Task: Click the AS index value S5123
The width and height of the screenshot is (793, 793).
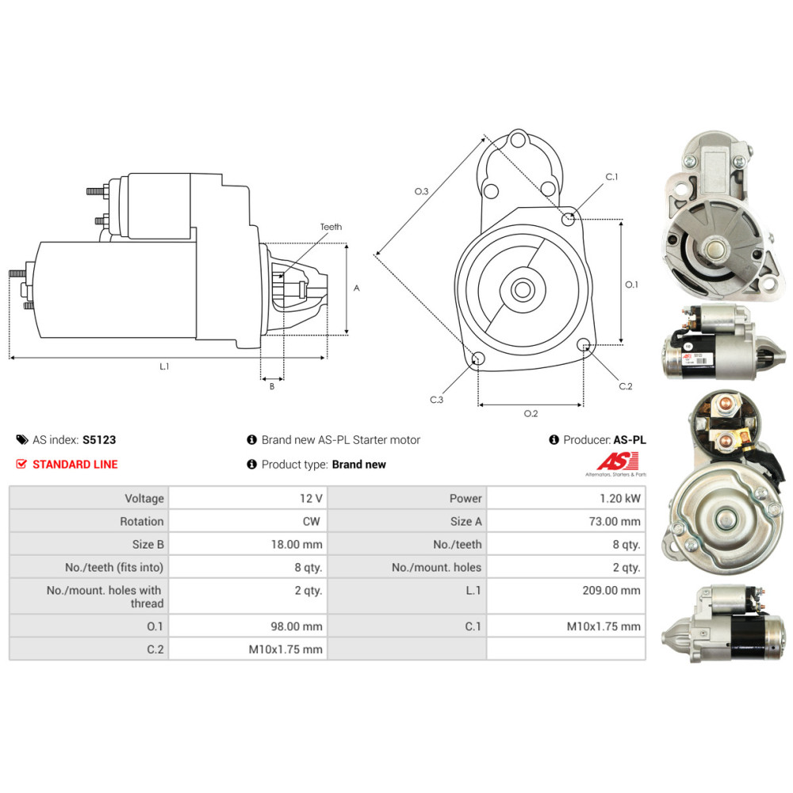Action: coord(99,440)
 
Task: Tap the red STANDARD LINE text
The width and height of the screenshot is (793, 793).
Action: coord(75,464)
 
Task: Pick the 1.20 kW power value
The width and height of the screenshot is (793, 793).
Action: coord(620,499)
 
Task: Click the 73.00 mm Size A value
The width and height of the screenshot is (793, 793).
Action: coord(615,522)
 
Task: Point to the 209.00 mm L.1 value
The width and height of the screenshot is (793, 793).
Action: coord(611,590)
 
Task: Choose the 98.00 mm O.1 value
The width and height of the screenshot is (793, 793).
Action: coord(297,626)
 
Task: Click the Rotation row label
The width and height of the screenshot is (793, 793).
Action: coord(142,522)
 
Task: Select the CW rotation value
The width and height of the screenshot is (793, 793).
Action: coord(312,522)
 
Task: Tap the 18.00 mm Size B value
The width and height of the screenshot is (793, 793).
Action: coord(297,545)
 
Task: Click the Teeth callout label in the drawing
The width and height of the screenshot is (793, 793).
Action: coord(331,227)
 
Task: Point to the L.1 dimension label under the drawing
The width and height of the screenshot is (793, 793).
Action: coord(164,366)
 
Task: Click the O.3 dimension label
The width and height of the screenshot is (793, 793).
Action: coord(421,191)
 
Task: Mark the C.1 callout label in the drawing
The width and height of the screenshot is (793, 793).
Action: coord(611,177)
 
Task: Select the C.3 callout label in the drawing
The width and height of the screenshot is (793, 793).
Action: coord(436,400)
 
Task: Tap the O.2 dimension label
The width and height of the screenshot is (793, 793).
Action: coord(531,414)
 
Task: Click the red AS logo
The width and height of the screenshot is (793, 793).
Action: coord(618,462)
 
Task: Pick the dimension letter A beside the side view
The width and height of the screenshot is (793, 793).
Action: coord(357,289)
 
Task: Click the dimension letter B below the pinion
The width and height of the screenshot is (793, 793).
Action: coord(272,387)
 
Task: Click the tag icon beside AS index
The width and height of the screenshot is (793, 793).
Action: coord(22,439)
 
